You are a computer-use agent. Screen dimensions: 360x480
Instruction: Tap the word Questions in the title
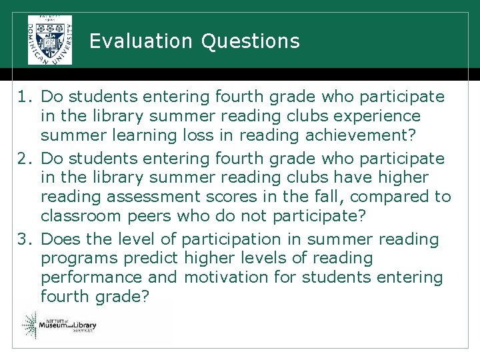[x=250, y=42]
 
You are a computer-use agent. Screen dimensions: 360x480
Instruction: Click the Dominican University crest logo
[x=50, y=39]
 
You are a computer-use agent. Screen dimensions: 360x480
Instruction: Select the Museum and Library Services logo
[x=59, y=326]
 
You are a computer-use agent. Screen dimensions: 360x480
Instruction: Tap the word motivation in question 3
[x=228, y=277]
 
